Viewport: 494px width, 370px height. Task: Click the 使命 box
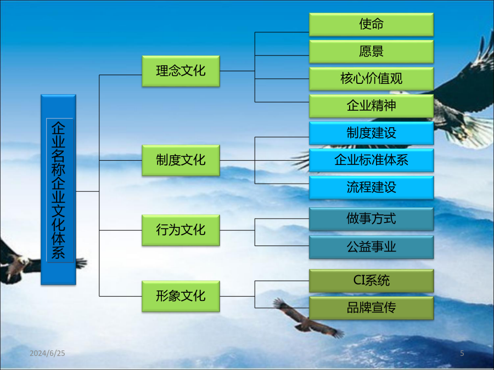[371, 24]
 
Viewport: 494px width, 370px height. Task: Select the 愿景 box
[371, 52]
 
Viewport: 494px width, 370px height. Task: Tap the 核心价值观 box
[371, 78]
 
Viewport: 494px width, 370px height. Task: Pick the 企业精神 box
[371, 106]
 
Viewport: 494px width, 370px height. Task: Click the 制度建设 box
[371, 133]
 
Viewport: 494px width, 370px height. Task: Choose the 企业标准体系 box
[371, 160]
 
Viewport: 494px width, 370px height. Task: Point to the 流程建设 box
[371, 187]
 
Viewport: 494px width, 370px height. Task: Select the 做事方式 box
[371, 219]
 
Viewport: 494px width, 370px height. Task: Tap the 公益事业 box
[371, 247]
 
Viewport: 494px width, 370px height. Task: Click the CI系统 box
[371, 281]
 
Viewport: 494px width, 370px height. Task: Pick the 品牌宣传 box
[371, 308]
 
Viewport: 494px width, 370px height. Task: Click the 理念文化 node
[181, 71]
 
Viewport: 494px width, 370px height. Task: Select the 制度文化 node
[181, 161]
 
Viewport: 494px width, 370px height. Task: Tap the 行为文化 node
[181, 230]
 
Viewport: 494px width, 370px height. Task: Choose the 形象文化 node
[181, 297]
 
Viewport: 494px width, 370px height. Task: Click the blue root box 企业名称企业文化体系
[58, 190]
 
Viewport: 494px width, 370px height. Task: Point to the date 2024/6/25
[47, 354]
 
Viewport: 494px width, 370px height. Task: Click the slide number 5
[462, 354]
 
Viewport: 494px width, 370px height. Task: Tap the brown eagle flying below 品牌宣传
[307, 318]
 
